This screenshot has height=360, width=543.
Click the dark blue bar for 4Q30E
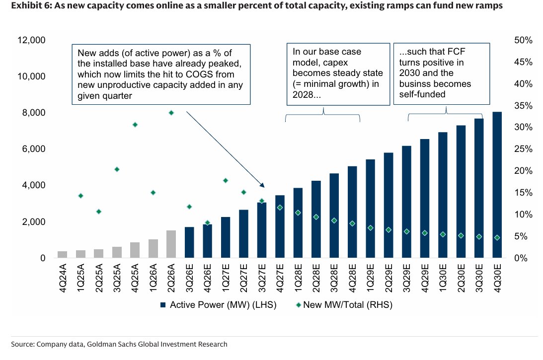click(497, 185)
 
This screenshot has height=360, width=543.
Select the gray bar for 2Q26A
click(171, 244)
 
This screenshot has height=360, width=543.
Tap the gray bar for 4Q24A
click(62, 254)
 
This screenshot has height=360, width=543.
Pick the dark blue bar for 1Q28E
click(298, 223)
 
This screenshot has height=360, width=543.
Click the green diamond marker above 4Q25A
click(135, 125)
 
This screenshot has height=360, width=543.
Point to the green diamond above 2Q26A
click(171, 113)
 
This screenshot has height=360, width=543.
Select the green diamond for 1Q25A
click(80, 196)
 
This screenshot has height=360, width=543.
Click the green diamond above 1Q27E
click(226, 180)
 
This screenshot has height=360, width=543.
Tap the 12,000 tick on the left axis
click(31, 40)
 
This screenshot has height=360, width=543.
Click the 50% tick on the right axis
click(523, 40)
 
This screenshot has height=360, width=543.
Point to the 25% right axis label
click(523, 149)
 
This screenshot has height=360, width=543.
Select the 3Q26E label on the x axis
click(189, 278)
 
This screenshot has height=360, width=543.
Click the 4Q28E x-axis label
click(352, 278)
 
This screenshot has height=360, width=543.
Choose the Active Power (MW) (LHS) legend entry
click(219, 305)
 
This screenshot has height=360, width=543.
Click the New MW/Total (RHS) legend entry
click(344, 305)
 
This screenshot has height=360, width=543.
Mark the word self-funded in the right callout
click(422, 94)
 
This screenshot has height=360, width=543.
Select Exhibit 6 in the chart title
click(31, 5)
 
